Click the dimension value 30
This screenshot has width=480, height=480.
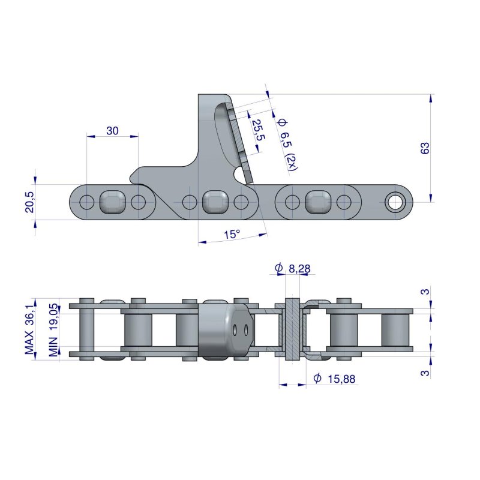[x=112, y=130]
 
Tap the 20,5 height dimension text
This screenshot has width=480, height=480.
[x=28, y=199]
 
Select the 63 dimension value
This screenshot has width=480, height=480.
[x=425, y=148]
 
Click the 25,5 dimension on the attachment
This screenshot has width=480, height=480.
[x=257, y=131]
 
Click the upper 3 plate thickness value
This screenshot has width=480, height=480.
[x=424, y=292]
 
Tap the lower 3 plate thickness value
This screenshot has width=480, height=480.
[x=424, y=371]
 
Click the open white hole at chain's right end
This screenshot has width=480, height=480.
[x=395, y=202]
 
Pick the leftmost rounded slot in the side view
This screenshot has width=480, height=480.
[x=112, y=202]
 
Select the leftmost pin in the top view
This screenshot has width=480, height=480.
[x=86, y=329]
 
